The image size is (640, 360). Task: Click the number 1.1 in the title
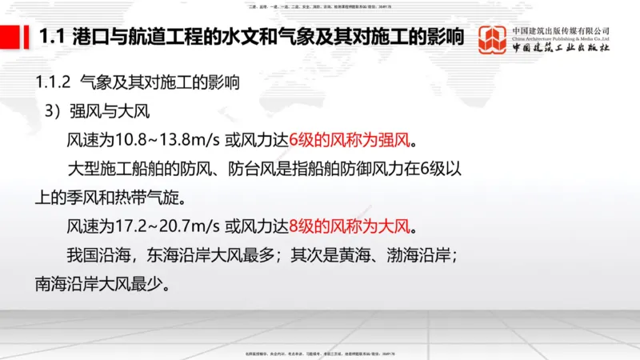(x=52, y=37)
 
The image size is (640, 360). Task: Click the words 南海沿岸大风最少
(x=97, y=282)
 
